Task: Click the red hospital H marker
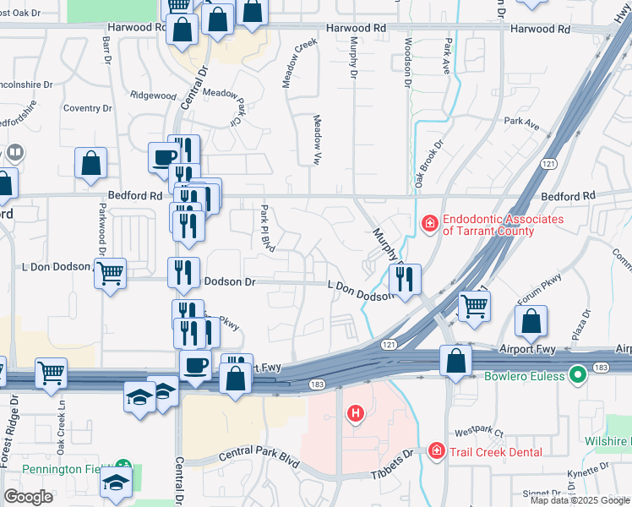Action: pos(357,413)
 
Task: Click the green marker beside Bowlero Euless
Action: pos(578,373)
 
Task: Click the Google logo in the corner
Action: pos(28,497)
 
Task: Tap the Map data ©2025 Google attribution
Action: pos(579,500)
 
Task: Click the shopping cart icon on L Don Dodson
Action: pos(110,274)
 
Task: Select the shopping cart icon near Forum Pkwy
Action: pos(474,308)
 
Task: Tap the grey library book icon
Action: pos(14,153)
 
